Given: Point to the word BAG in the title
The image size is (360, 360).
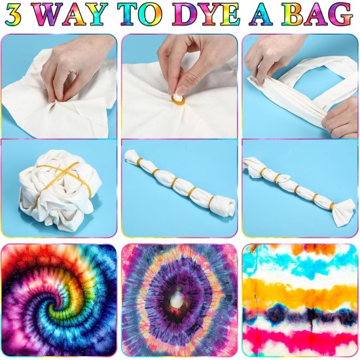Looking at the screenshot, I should pyautogui.click(x=321, y=14).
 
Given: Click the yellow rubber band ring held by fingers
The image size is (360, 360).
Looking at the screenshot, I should pyautogui.click(x=177, y=99).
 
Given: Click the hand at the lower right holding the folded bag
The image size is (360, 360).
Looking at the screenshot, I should pyautogui.click(x=342, y=118).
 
